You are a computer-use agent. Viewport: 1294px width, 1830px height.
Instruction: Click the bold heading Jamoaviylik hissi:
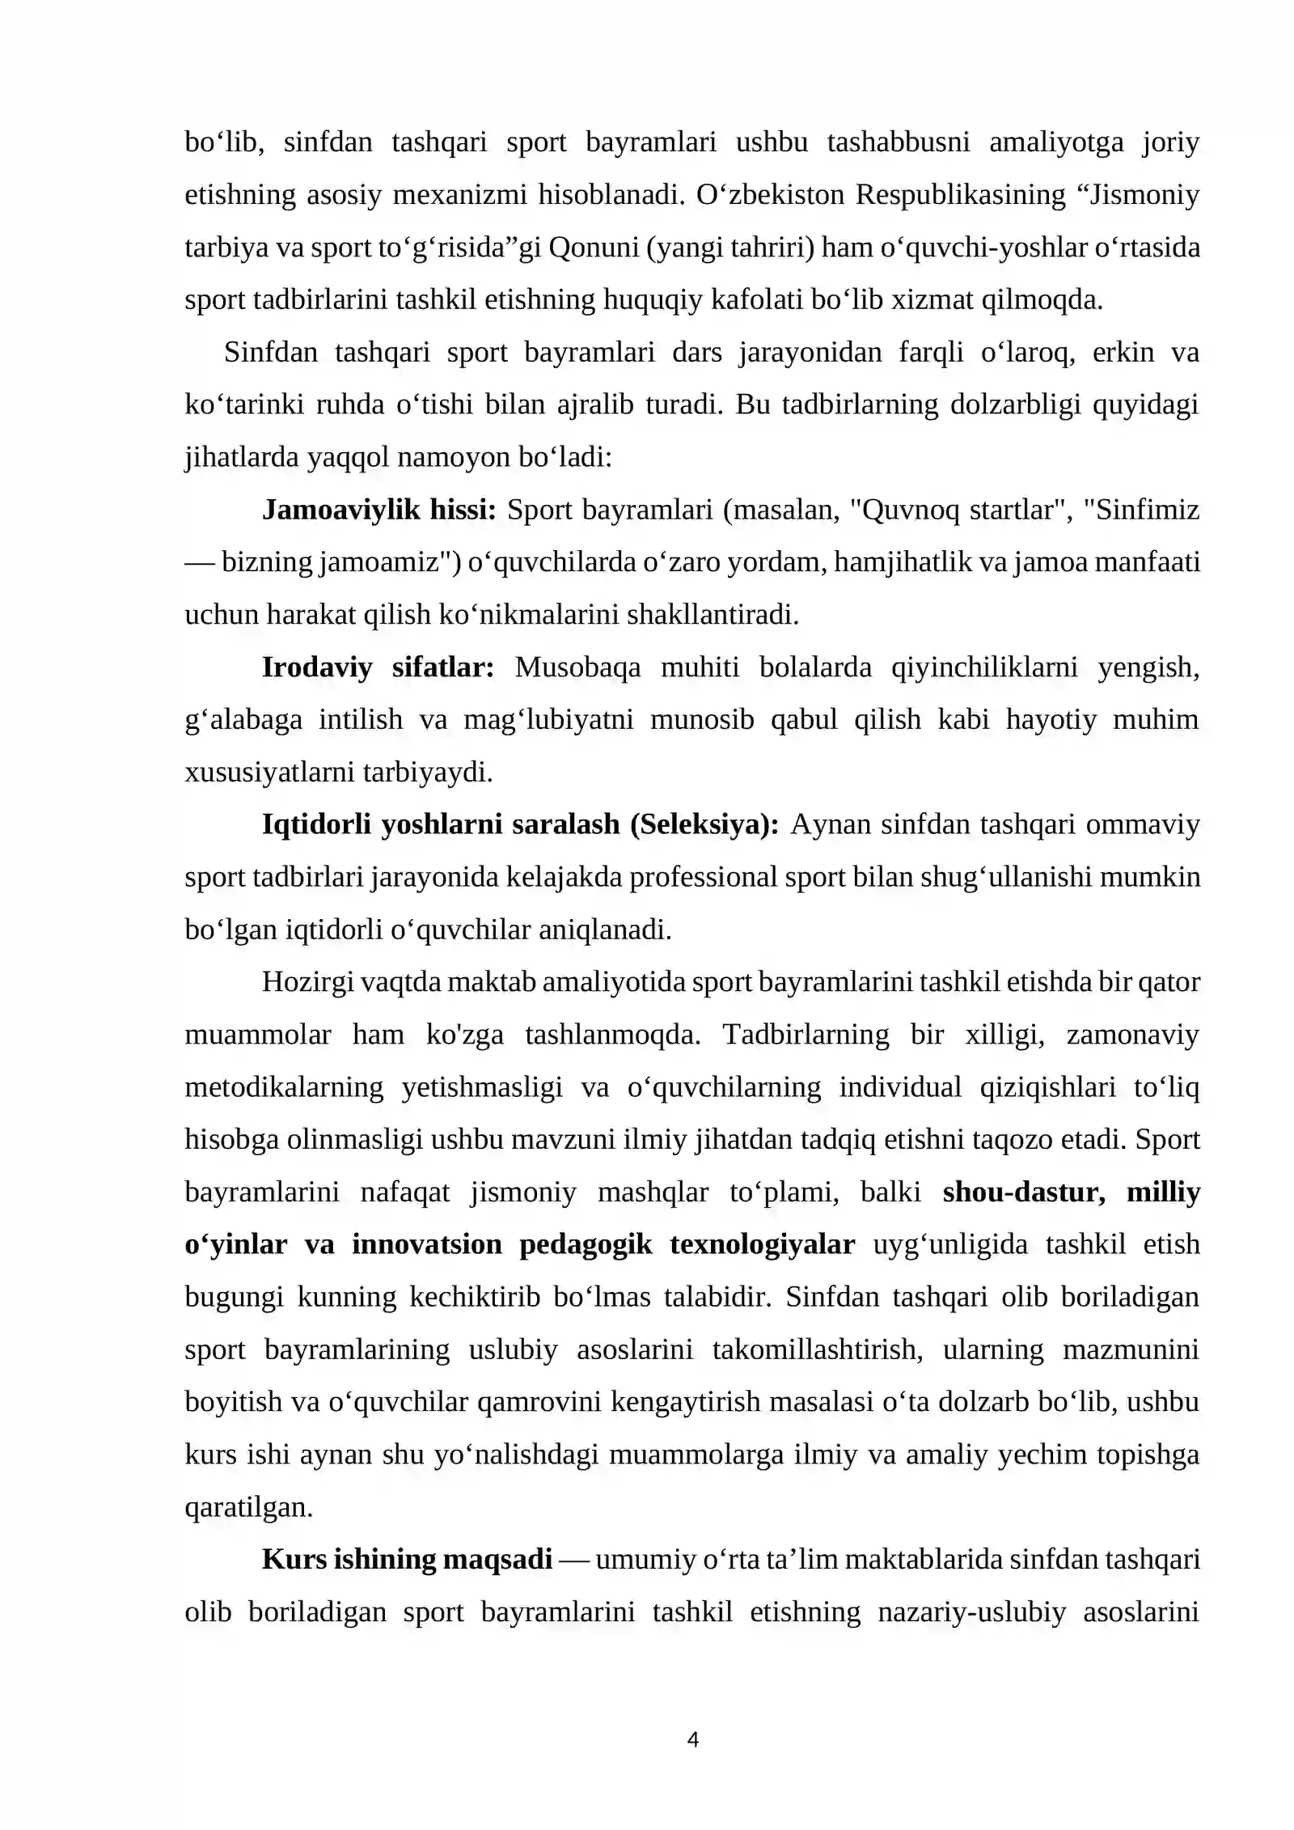point(378,510)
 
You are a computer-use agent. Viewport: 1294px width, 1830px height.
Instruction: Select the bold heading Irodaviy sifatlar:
point(378,667)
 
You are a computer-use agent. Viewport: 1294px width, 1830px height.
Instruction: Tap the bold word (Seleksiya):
point(704,824)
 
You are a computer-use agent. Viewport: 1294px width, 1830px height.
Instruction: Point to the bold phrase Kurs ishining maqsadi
point(407,1559)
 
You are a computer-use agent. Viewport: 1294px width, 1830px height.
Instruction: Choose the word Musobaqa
point(577,667)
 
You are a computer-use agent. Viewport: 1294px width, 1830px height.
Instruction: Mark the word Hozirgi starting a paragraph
point(308,982)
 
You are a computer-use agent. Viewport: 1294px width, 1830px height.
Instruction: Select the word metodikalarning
point(284,1087)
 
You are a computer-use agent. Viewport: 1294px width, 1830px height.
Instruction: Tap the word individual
point(900,1087)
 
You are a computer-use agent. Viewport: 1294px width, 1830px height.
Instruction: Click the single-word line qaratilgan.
point(248,1507)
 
